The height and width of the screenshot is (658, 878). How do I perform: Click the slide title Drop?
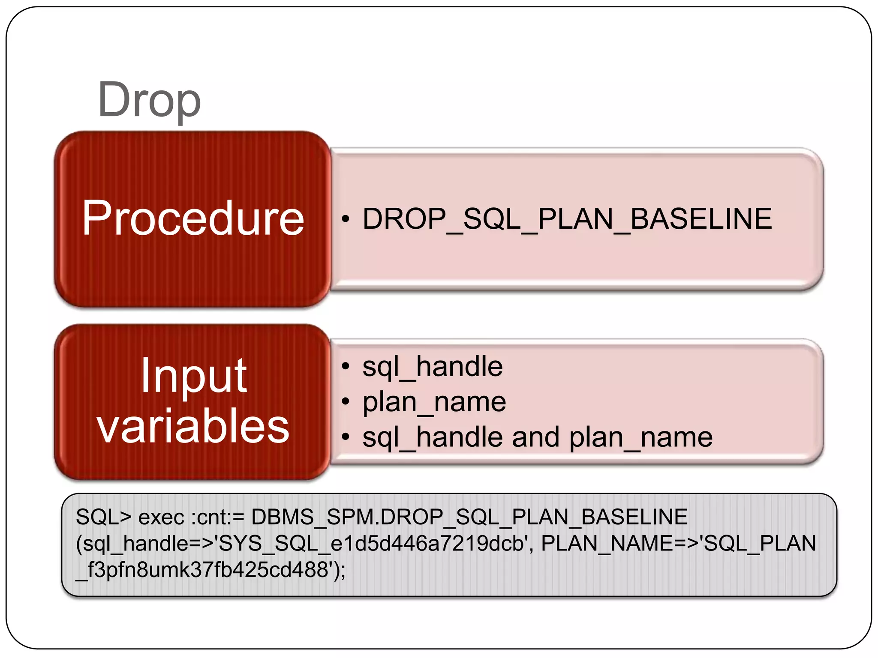point(149,100)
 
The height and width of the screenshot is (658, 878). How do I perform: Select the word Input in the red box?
point(193,376)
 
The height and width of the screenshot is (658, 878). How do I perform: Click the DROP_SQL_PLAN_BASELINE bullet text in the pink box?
point(567,219)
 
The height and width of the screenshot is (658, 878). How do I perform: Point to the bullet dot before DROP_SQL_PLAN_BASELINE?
point(346,219)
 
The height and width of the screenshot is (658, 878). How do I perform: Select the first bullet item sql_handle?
point(432,367)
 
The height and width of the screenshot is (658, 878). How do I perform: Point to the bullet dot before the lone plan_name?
point(346,402)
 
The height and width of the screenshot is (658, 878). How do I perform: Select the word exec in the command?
point(161,517)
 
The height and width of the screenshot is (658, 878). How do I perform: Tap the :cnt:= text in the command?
point(217,517)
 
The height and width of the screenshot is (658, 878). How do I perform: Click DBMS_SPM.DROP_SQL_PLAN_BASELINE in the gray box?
point(469,517)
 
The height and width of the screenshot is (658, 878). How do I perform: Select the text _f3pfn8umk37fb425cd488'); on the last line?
point(210,570)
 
